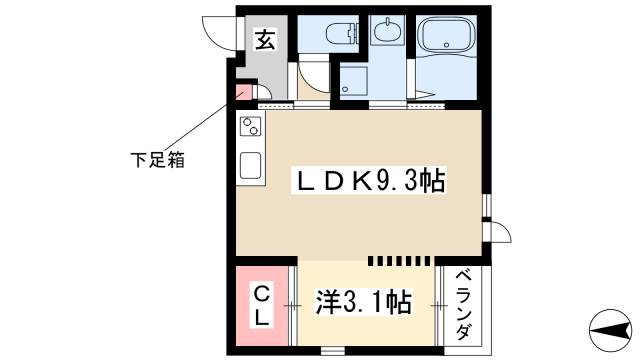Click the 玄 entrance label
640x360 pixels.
coord(264,41)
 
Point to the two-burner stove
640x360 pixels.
coord(250,127)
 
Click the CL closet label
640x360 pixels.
coord(260,305)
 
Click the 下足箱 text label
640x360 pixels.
coord(158,157)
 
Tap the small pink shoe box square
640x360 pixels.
coord(242,95)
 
